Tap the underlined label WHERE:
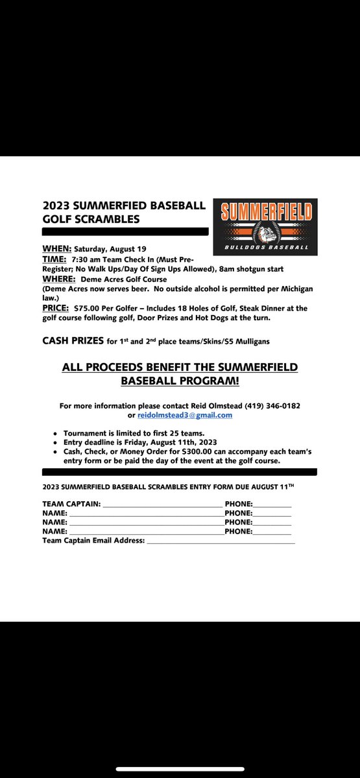point(59,278)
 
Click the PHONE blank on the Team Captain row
point(272,503)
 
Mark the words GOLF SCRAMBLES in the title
point(91,219)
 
